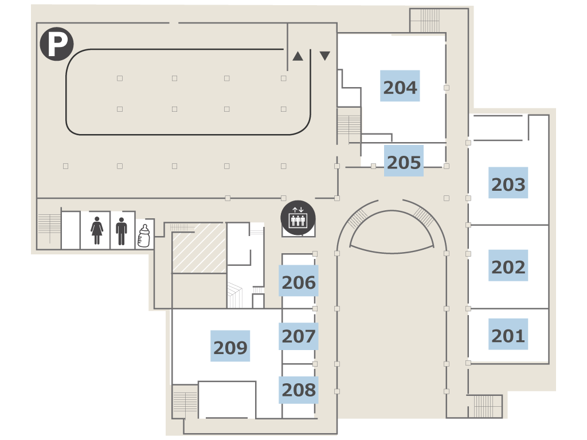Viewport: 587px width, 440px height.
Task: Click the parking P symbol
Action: [x=57, y=44]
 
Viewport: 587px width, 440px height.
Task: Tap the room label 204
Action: [x=400, y=86]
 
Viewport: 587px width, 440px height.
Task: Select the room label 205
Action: [x=404, y=161]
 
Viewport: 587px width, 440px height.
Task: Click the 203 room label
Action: [x=508, y=183]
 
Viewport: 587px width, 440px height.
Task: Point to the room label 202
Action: [x=508, y=265]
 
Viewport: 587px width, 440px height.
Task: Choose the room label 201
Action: [x=508, y=334]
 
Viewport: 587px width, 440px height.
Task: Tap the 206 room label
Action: [x=298, y=281]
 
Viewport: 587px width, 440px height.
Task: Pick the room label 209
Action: [x=230, y=345]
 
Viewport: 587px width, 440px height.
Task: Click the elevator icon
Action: [x=298, y=218]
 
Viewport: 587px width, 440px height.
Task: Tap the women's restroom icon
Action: [x=96, y=230]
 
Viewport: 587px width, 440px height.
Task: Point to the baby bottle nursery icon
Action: [x=144, y=235]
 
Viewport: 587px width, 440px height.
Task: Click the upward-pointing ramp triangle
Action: [x=298, y=56]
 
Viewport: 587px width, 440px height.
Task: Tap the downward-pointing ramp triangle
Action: [x=325, y=56]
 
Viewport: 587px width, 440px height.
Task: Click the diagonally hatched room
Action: [x=199, y=248]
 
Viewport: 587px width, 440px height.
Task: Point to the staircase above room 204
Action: [x=425, y=21]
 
